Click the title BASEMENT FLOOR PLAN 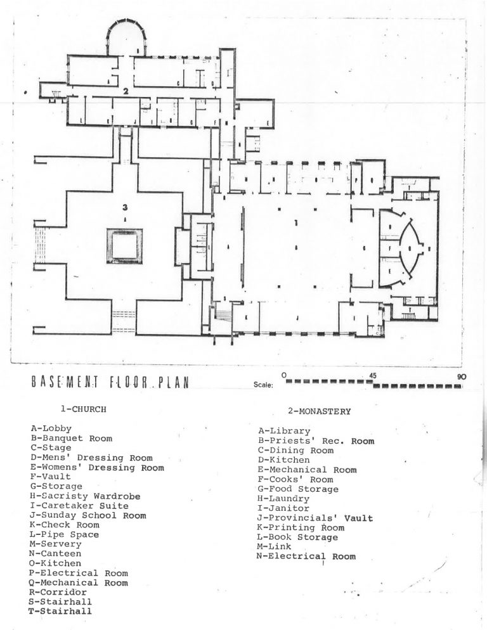click(108, 384)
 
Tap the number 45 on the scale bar click(373, 376)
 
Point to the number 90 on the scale click(461, 376)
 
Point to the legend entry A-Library click(284, 432)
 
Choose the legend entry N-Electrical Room click(306, 556)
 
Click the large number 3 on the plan click(126, 207)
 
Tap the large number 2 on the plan click(126, 91)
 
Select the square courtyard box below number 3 click(124, 246)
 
